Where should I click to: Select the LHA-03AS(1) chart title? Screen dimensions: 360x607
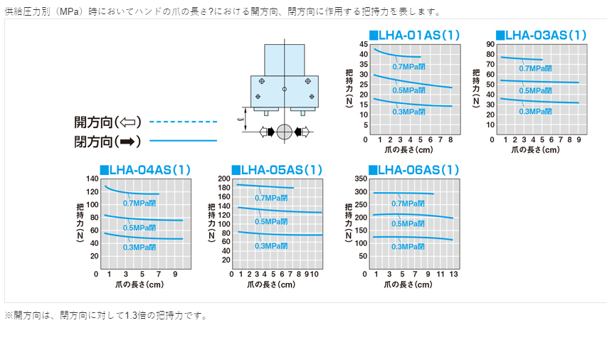coord(541,35)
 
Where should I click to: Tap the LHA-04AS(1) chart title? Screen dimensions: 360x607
coord(145,169)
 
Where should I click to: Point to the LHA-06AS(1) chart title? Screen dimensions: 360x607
coord(413,169)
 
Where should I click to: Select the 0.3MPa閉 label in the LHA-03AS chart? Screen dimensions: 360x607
coord(536,112)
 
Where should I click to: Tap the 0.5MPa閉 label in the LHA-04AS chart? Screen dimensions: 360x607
coord(139,228)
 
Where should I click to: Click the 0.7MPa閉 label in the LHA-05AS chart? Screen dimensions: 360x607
coord(271,198)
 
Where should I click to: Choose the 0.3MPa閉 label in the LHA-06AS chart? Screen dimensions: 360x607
coord(408,246)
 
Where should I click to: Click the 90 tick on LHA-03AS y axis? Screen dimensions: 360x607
coord(490,44)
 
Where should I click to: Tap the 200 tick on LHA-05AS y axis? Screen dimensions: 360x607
coord(224,179)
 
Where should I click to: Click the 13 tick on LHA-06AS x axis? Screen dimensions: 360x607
coord(453,274)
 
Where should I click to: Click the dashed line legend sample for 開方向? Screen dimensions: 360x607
coord(184,122)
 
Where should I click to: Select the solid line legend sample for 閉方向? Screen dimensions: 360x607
coord(184,141)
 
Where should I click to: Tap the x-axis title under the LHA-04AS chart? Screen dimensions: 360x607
coord(139,285)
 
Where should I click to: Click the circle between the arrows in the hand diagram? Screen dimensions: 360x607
coord(284,132)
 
